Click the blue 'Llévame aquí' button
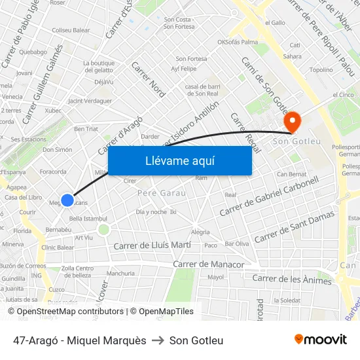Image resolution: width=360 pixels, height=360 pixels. click(179, 160)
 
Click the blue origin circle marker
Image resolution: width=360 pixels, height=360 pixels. click(67, 200)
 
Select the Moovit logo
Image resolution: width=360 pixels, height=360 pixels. click(320, 340)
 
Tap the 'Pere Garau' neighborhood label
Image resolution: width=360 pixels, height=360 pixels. click(162, 193)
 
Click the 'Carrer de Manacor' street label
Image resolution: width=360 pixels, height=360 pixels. click(208, 264)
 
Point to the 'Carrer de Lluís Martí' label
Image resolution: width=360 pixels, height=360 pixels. click(153, 245)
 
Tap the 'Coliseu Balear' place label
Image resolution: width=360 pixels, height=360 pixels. click(71, 30)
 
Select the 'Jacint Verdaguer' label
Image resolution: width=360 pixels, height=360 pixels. click(90, 101)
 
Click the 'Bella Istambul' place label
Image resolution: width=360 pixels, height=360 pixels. click(88, 218)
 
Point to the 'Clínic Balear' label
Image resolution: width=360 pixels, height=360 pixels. click(58, 247)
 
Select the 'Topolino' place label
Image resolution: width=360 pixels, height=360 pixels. click(321, 69)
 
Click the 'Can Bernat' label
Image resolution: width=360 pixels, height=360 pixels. click(291, 174)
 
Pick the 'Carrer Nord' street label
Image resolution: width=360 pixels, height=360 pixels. click(149, 79)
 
